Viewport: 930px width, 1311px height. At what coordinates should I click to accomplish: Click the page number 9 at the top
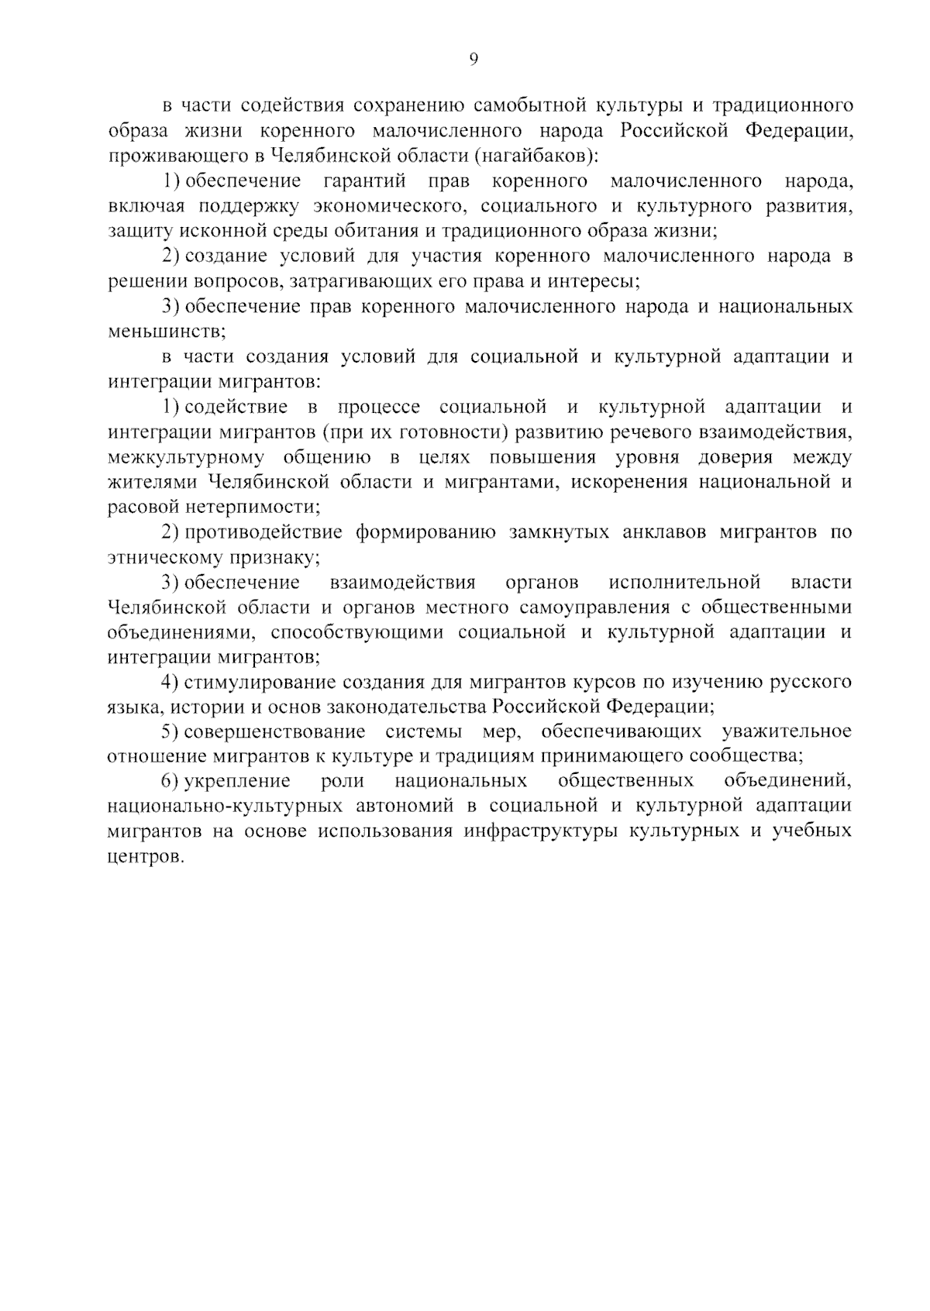(474, 60)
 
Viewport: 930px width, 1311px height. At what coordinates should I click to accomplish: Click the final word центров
(146, 858)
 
